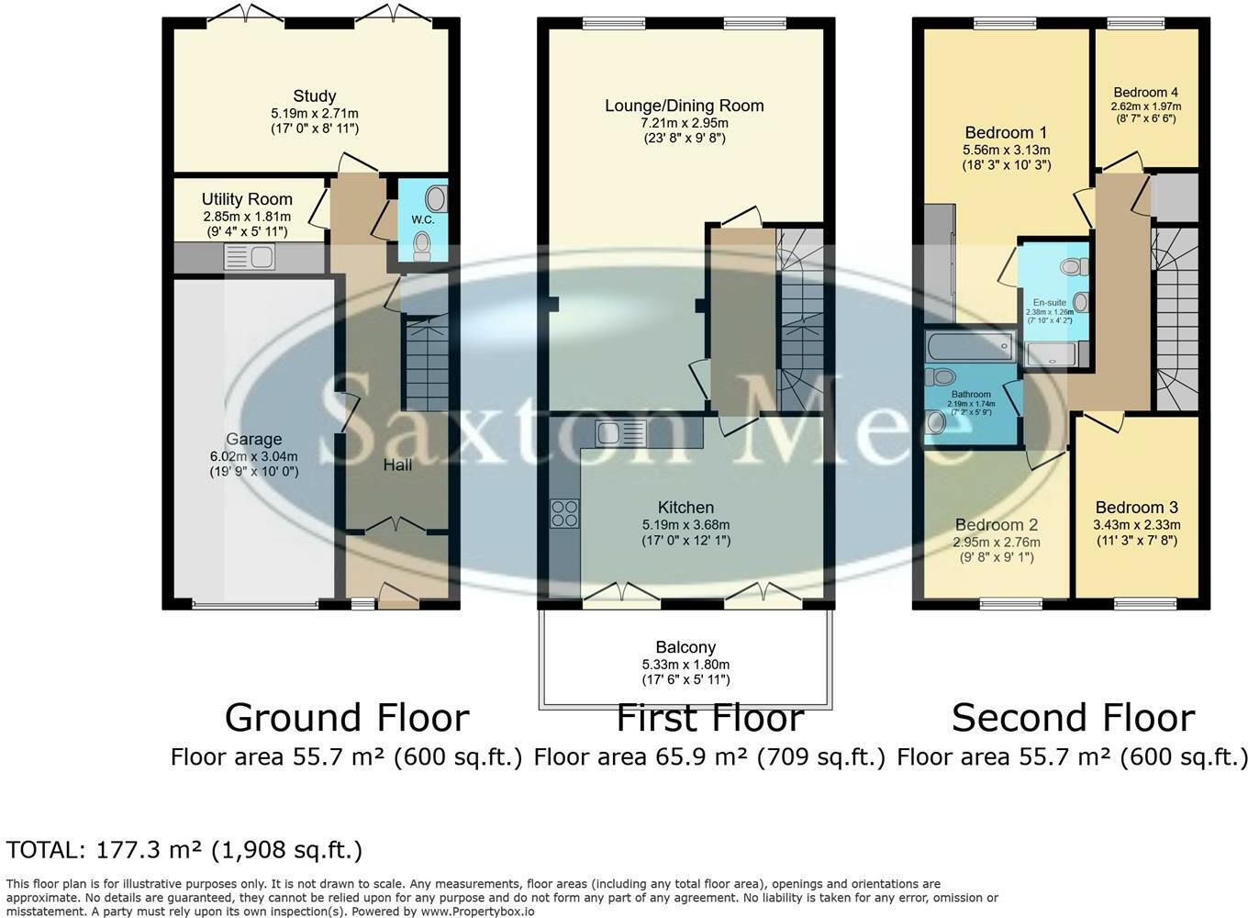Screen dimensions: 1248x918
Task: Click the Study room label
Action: click(315, 96)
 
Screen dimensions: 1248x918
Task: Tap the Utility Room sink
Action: click(249, 258)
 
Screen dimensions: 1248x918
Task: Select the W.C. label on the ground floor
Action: click(423, 219)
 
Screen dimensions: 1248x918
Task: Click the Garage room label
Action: click(254, 440)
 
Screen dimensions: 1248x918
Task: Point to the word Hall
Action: click(398, 465)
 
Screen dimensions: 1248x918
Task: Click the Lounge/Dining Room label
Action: click(685, 106)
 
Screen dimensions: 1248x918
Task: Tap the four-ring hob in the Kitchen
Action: click(565, 514)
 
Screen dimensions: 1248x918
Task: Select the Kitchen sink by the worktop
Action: click(620, 432)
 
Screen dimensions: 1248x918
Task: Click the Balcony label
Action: click(685, 647)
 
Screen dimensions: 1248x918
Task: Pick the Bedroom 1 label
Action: click(1006, 133)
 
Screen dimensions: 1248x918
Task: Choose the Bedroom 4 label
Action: click(1146, 93)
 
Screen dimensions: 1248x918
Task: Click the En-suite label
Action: click(1050, 303)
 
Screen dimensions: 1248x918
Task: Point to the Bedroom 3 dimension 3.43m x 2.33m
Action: click(1137, 525)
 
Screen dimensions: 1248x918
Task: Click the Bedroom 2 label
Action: click(997, 525)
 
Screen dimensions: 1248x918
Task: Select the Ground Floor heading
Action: click(347, 718)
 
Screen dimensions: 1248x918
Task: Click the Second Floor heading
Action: click(1074, 718)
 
